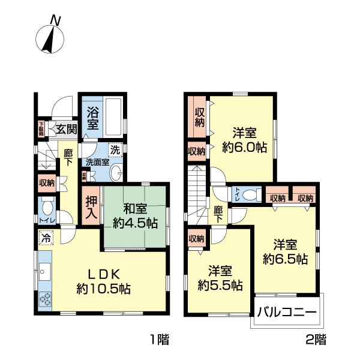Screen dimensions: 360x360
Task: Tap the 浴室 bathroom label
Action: point(92,118)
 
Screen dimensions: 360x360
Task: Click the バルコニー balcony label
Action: point(286,312)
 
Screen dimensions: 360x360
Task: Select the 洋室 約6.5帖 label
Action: point(285,252)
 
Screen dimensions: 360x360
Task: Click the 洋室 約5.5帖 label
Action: point(220,277)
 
